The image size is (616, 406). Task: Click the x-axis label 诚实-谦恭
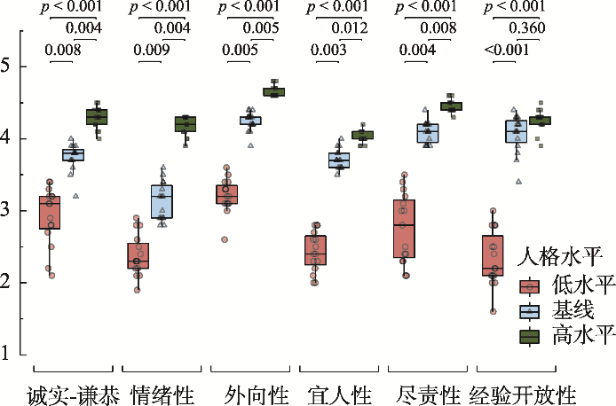tap(73, 394)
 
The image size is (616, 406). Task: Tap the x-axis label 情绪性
tap(162, 394)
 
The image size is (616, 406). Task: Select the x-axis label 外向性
tap(257, 394)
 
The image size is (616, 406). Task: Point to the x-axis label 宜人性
tap(339, 394)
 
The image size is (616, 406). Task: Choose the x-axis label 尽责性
tap(428, 394)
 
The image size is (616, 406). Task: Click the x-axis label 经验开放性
tap(523, 394)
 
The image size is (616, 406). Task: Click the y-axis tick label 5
tap(5, 66)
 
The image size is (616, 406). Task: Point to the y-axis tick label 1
tap(5, 354)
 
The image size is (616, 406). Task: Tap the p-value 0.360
tap(527, 27)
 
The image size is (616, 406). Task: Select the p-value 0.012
tap(350, 27)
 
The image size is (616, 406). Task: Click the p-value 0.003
tap(328, 50)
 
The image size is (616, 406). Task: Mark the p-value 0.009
tap(152, 50)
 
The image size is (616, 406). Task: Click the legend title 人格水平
tap(559, 257)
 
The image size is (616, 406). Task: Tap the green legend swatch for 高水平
tap(530, 337)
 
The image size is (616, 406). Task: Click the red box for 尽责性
tap(404, 229)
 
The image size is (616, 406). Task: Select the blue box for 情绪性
tap(162, 201)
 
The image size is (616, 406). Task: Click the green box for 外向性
tap(273, 92)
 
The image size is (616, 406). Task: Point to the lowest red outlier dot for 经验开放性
tap(493, 312)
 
